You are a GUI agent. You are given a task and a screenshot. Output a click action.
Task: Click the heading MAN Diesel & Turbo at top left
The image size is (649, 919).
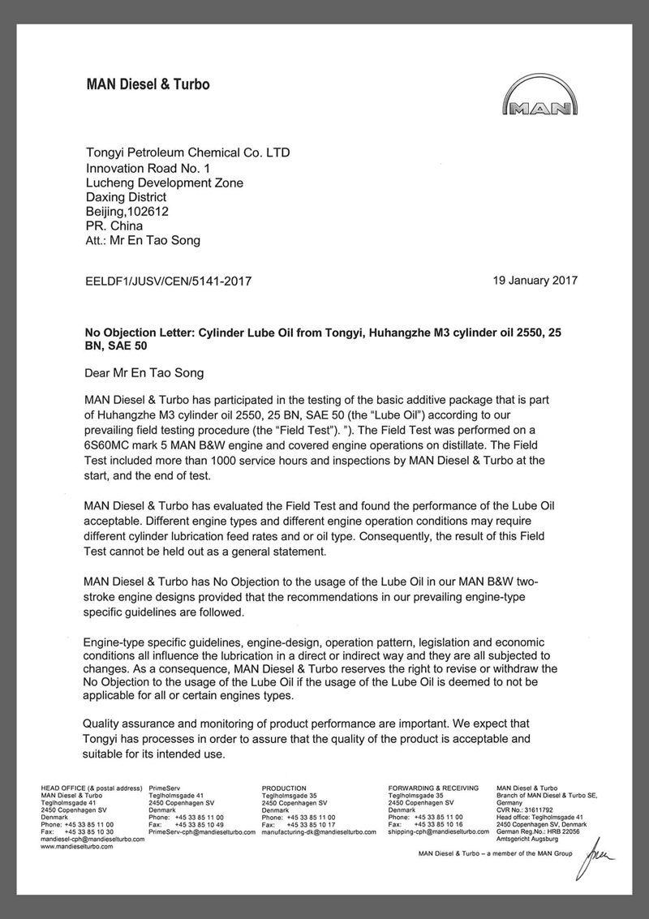(148, 84)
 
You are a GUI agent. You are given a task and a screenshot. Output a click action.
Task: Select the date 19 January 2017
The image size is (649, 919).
(535, 281)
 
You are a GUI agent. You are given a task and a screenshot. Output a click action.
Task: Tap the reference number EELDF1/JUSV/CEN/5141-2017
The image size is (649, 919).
(169, 281)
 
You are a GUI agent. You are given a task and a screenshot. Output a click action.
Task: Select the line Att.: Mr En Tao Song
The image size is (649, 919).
(142, 241)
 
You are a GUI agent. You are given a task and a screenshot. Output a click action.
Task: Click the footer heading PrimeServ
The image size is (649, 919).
(167, 788)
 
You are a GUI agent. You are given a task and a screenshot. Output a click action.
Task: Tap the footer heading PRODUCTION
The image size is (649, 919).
(284, 788)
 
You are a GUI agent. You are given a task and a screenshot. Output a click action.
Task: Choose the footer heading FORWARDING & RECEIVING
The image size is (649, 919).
(433, 788)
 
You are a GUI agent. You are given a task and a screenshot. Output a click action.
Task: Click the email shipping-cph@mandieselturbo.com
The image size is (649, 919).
(438, 831)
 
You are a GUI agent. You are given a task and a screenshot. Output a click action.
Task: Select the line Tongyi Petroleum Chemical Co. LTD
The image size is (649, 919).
(187, 152)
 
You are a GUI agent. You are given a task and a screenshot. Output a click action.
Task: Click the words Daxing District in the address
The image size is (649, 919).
(126, 196)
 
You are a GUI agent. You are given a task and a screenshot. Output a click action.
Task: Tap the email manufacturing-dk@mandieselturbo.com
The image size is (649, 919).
(319, 831)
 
